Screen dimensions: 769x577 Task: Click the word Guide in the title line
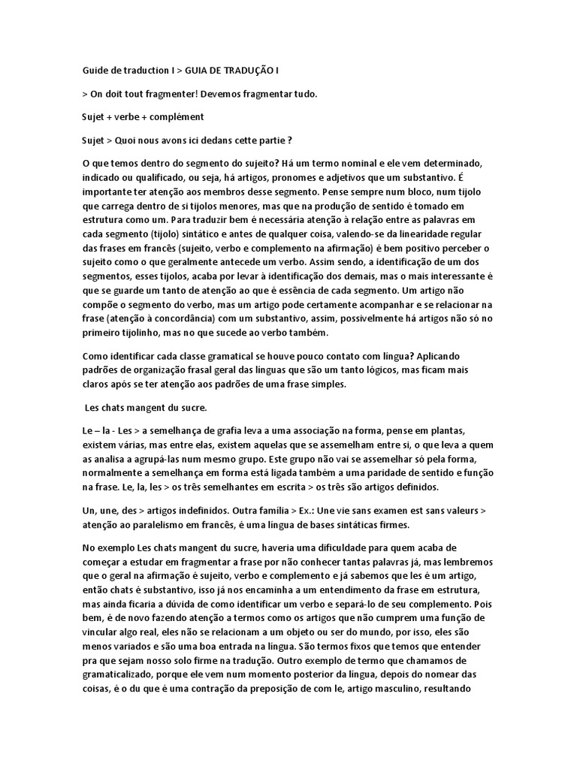pos(95,71)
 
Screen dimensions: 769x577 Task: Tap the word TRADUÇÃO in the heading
pos(240,71)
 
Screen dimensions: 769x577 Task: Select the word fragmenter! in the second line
pos(162,94)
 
